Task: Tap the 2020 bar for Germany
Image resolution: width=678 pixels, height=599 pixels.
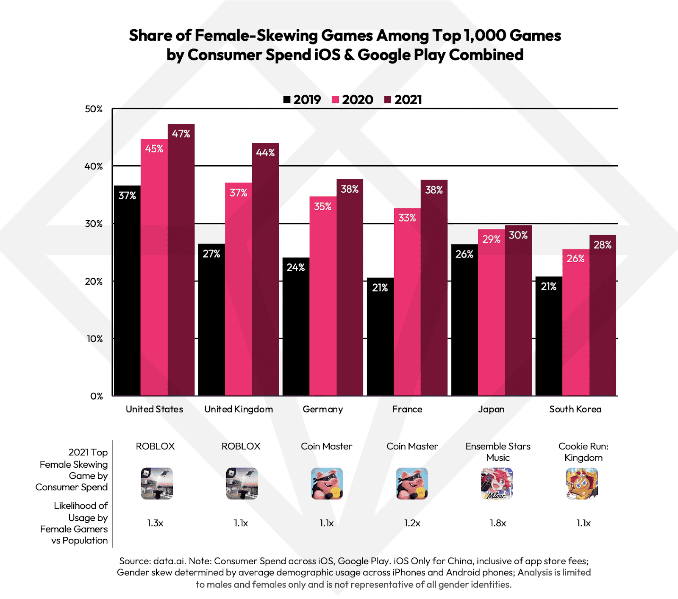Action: [x=323, y=296]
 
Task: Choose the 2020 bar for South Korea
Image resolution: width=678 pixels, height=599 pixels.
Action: [x=575, y=322]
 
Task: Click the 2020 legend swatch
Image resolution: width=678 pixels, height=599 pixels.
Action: [x=336, y=100]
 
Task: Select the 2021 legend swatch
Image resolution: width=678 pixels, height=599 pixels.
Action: [x=388, y=100]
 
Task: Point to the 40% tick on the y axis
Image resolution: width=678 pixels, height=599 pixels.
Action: [x=94, y=166]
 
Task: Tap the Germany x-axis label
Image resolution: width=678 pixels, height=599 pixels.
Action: [x=323, y=409]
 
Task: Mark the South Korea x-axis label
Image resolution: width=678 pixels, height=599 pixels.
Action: [x=575, y=409]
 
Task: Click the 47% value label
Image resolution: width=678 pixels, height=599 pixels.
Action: [x=181, y=134]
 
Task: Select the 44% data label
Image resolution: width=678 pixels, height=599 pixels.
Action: [x=265, y=153]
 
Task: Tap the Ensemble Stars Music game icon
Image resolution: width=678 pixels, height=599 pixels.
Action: [x=497, y=483]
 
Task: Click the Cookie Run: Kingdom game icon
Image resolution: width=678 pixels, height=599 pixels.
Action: [x=582, y=483]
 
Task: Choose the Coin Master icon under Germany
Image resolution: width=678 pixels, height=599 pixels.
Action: [x=327, y=483]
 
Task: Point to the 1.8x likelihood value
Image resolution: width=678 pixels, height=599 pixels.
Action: [x=498, y=523]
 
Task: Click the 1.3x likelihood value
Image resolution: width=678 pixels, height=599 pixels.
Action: [x=155, y=523]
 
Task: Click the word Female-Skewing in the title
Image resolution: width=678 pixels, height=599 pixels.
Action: [x=256, y=36]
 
